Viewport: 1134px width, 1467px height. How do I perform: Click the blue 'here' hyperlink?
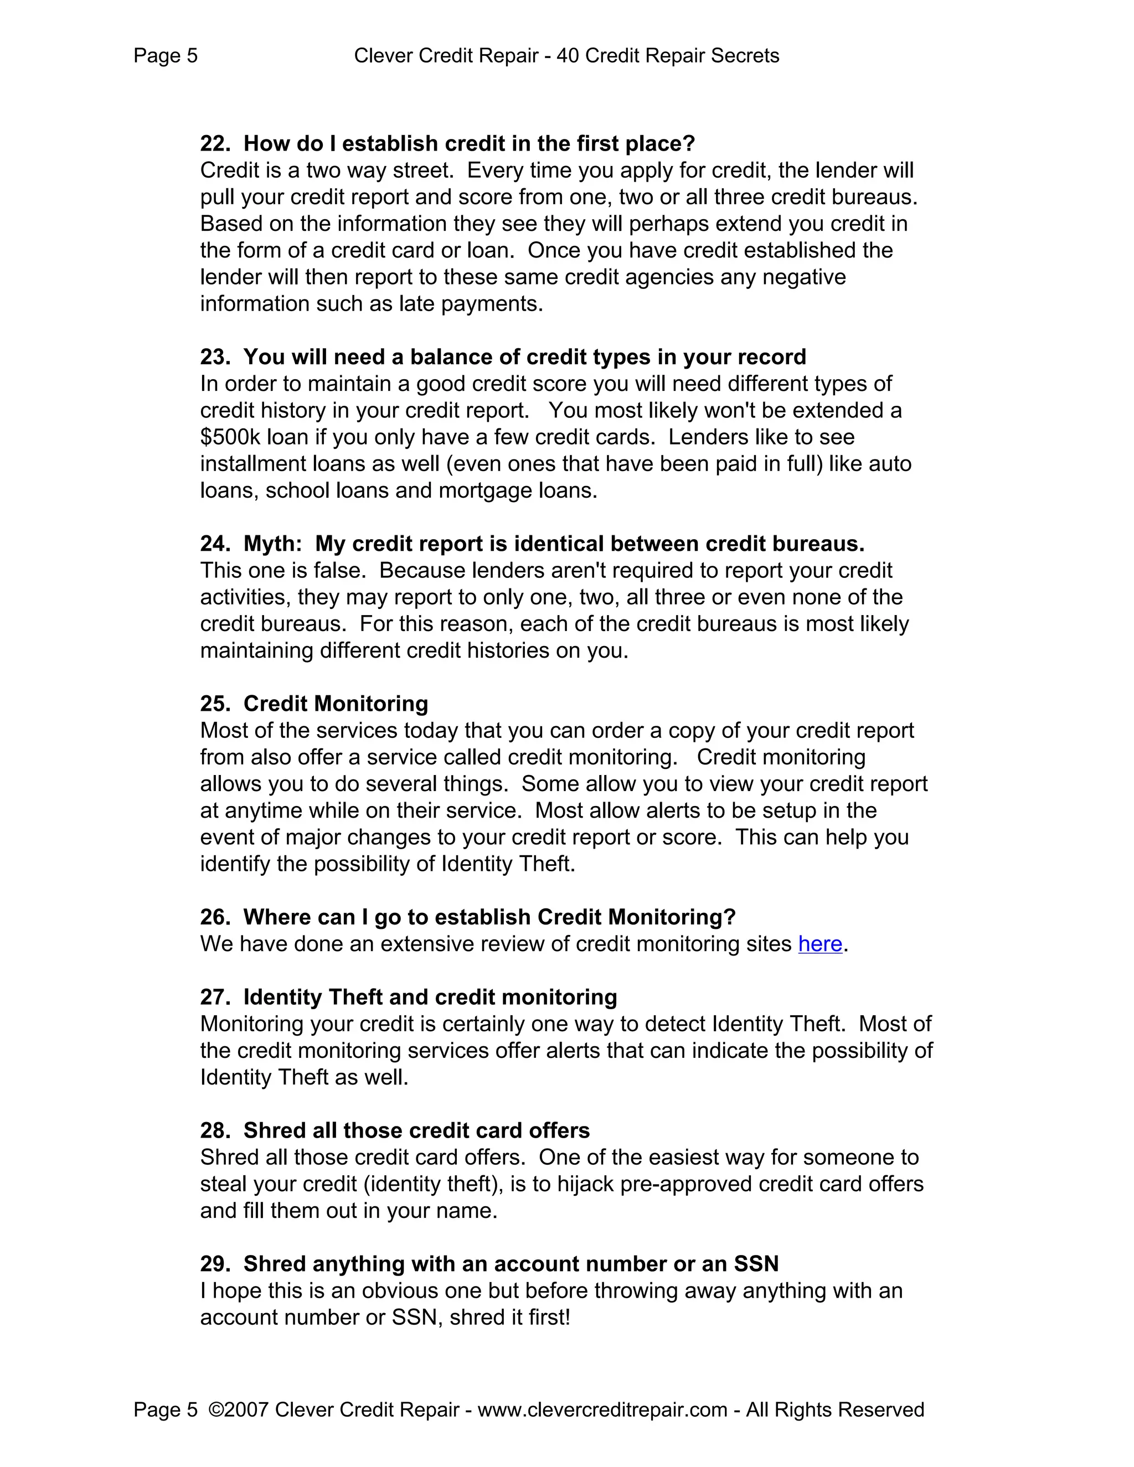819,944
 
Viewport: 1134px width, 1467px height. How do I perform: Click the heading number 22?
214,144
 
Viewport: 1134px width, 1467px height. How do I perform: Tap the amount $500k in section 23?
230,437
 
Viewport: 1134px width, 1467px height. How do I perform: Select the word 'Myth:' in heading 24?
273,544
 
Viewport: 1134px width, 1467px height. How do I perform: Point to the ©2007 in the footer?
239,1409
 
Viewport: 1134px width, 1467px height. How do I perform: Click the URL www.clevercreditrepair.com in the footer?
602,1409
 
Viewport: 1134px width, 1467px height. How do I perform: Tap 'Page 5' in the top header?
165,56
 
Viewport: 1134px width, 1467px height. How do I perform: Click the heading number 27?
214,997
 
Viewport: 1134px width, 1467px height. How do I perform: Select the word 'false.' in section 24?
339,570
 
